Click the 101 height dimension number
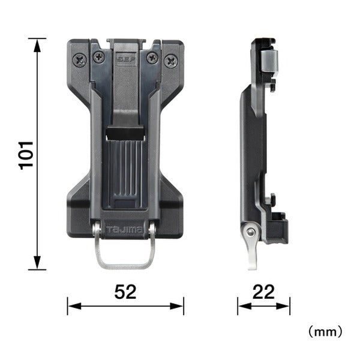pyautogui.click(x=26, y=155)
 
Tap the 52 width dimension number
pyautogui.click(x=125, y=292)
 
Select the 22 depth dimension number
pyautogui.click(x=263, y=292)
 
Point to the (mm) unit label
pyautogui.click(x=325, y=332)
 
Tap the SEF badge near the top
pyautogui.click(x=126, y=59)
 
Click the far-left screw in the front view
pyautogui.click(x=80, y=61)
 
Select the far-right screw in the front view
pyautogui.click(x=171, y=61)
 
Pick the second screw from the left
pyautogui.click(x=99, y=57)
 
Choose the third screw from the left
pyautogui.click(x=152, y=58)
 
